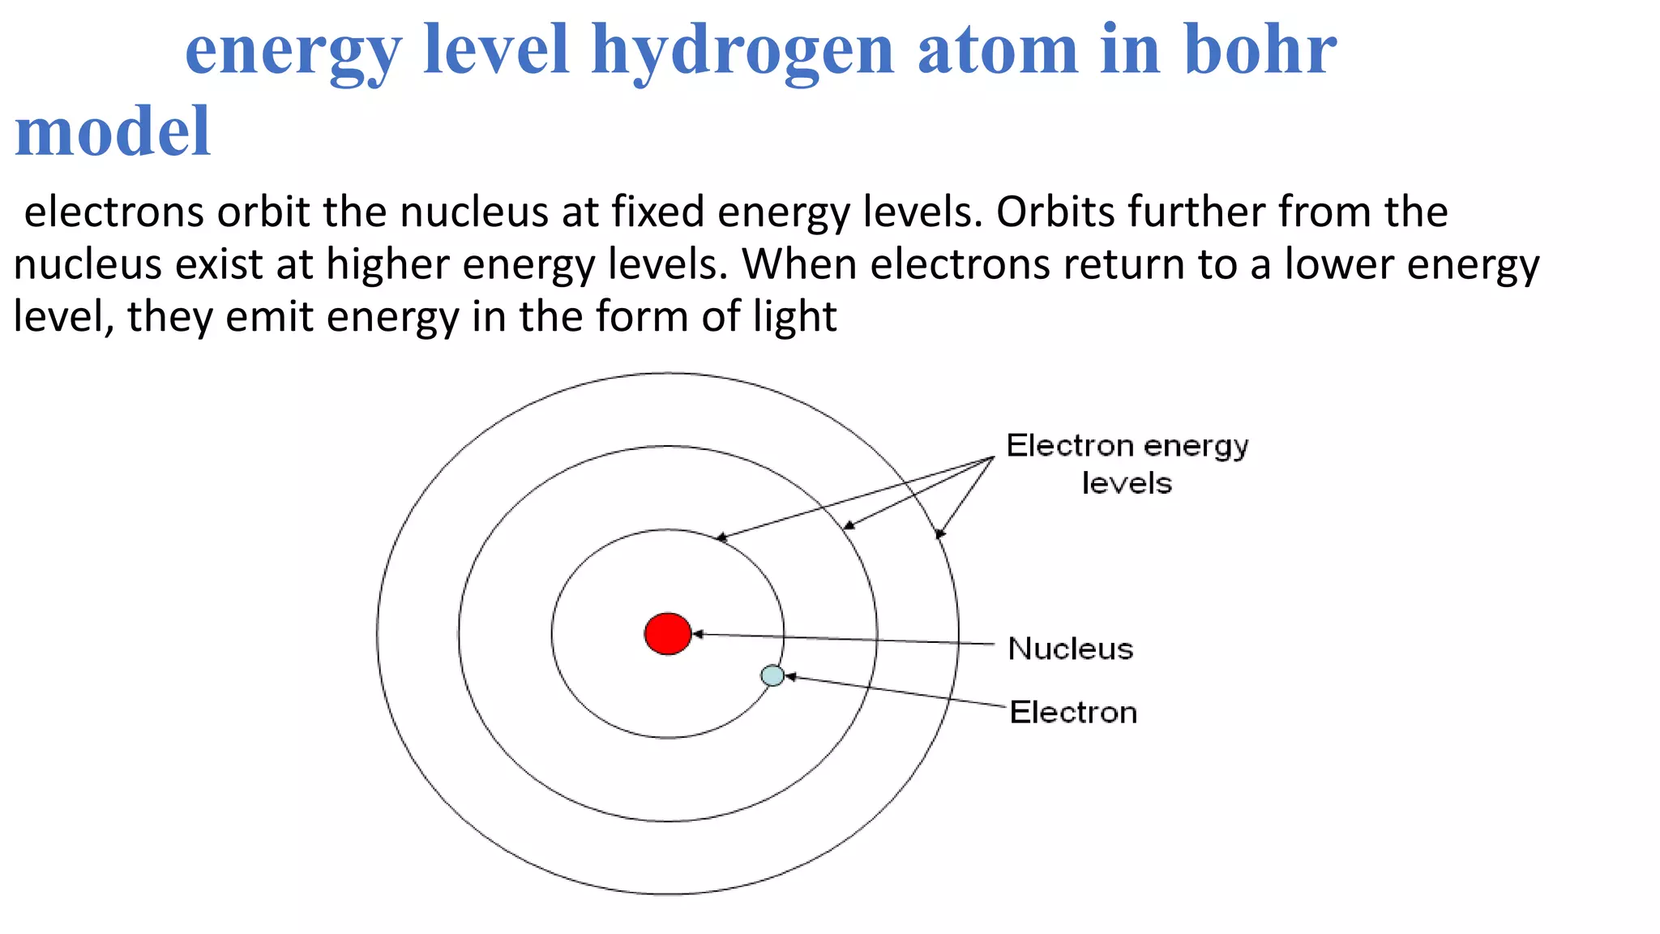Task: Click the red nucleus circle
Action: [668, 633]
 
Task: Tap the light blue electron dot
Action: [772, 675]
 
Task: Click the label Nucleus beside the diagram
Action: [1070, 649]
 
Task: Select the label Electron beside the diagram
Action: [1073, 712]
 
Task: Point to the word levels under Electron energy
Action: [1127, 483]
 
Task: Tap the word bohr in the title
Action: [1260, 50]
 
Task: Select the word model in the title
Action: [113, 131]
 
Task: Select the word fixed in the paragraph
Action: [657, 212]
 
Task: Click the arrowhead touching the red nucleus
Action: [698, 634]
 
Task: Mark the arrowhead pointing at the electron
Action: [790, 676]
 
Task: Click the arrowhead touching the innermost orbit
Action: [721, 538]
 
